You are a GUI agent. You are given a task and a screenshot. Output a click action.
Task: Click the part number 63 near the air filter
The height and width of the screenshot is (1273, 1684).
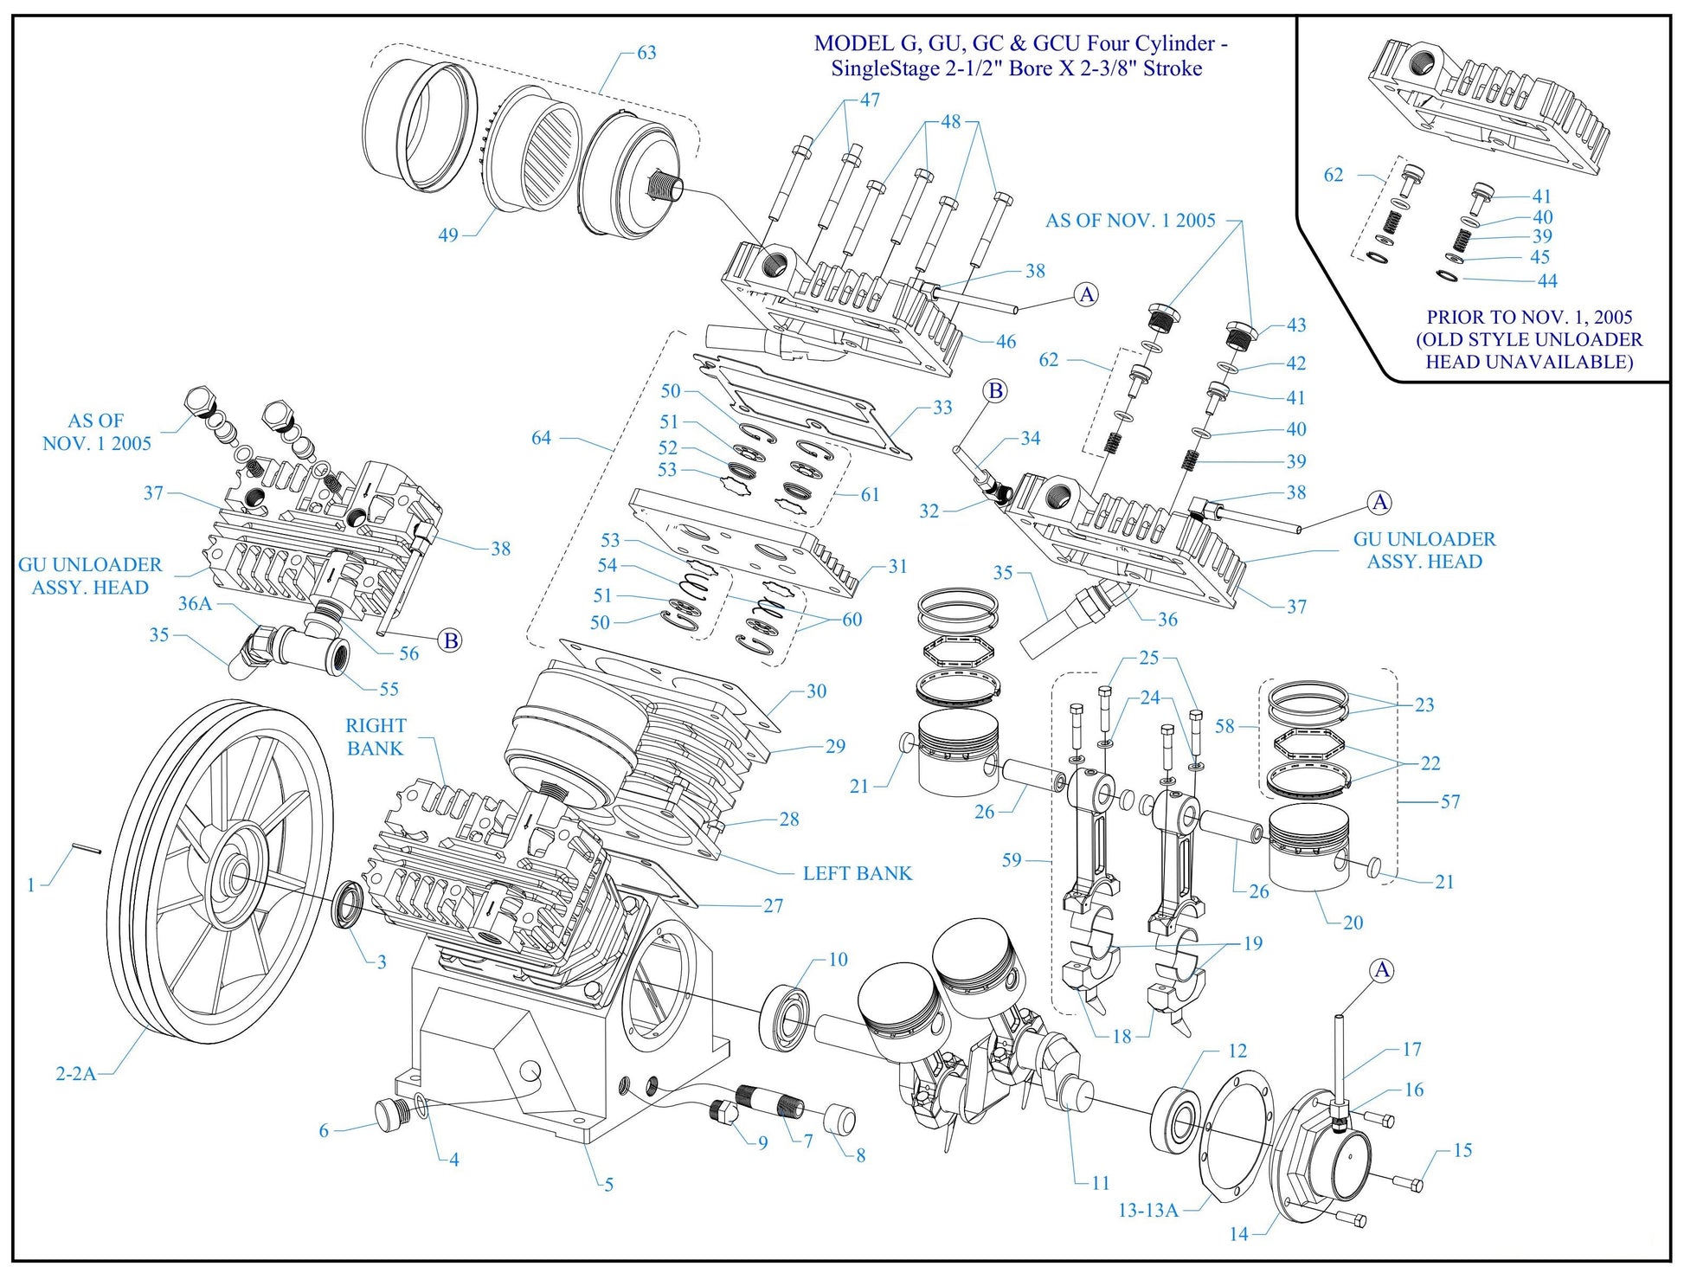[646, 53]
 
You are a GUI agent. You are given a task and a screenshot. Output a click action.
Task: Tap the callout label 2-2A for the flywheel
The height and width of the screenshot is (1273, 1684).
[75, 1074]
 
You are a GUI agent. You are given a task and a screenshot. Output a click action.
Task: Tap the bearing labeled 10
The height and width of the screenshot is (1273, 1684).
[786, 1013]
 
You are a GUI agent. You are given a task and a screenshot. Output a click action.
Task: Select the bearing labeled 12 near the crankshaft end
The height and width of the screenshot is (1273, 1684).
[1175, 1117]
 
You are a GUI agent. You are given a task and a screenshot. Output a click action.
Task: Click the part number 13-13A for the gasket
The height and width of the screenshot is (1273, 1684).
[1147, 1210]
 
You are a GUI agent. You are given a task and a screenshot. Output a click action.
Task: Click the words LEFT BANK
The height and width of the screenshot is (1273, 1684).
[857, 873]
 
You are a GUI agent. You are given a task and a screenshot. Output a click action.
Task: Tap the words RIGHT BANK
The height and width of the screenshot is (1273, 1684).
[376, 736]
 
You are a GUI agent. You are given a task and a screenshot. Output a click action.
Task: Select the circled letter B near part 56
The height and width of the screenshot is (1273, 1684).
[450, 641]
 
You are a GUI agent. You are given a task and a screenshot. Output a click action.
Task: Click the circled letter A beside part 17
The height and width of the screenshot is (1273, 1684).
[1382, 970]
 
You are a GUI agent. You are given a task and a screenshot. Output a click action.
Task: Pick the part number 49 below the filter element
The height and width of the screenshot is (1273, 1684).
[447, 235]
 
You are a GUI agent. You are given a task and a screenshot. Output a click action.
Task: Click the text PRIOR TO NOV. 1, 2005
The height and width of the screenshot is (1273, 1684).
[1529, 317]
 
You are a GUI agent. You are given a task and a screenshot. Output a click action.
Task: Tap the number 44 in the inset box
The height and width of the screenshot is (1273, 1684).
[1547, 280]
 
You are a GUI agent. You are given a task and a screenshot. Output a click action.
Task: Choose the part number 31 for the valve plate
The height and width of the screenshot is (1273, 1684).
[897, 566]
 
